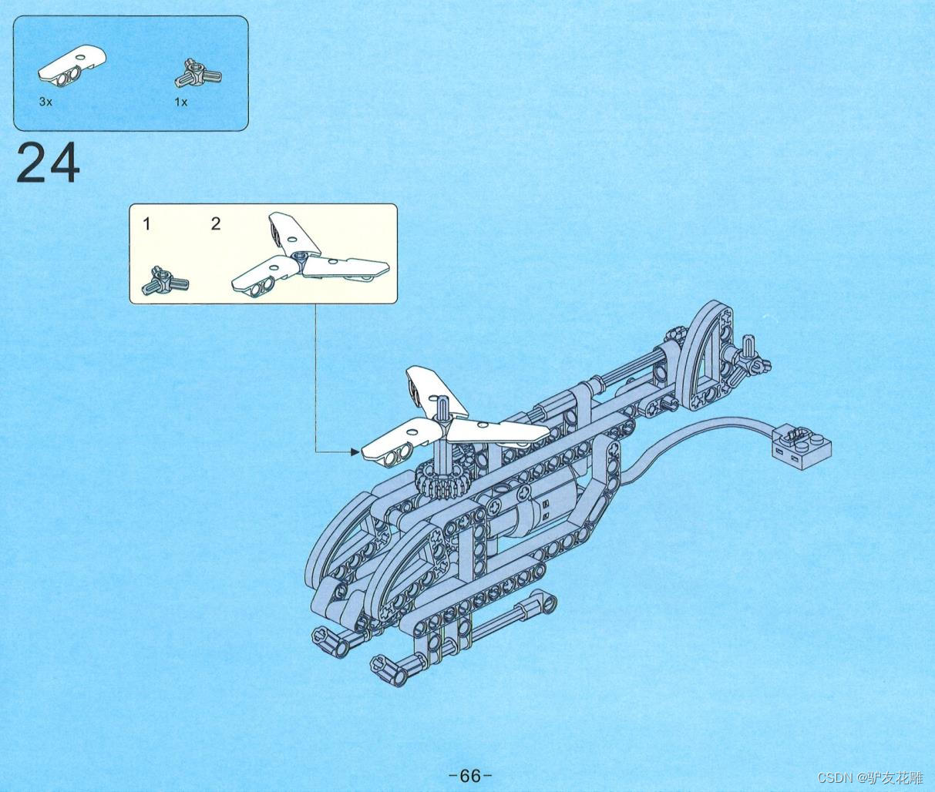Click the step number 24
click(48, 163)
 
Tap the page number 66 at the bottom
click(469, 775)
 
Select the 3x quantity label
click(45, 102)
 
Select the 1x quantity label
click(180, 102)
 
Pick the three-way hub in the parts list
click(198, 75)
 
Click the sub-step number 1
click(146, 224)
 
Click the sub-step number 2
click(216, 224)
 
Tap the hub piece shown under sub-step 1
click(164, 281)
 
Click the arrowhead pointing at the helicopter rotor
click(355, 452)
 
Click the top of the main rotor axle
click(443, 402)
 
